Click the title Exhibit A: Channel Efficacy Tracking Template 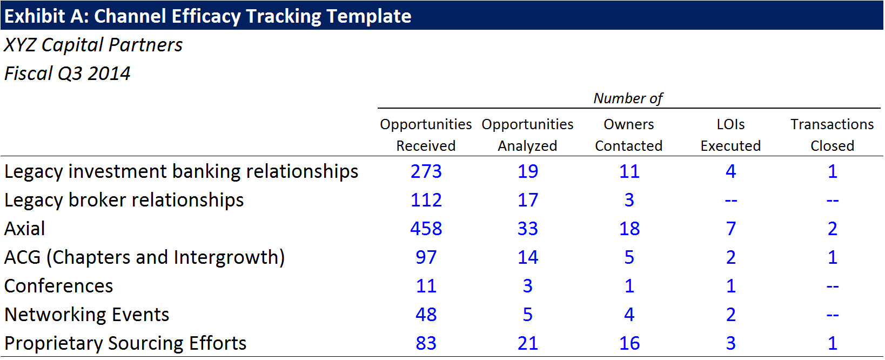point(208,16)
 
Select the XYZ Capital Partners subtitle point(93,45)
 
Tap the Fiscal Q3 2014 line point(67,74)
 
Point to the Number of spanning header point(628,98)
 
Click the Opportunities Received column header point(426,135)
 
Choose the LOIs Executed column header point(730,135)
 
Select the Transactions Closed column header point(832,135)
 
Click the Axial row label point(24,229)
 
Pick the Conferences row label point(58,286)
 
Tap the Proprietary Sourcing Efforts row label point(125,343)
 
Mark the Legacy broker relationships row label point(124,200)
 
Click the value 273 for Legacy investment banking point(426,171)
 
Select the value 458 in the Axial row point(426,229)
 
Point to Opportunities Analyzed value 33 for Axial point(528,229)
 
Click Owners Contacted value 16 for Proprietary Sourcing point(629,343)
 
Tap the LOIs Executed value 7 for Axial point(731,229)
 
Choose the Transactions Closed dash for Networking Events point(833,315)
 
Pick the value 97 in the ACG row point(426,257)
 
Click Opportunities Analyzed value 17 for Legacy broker point(528,200)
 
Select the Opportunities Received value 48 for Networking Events point(426,315)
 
